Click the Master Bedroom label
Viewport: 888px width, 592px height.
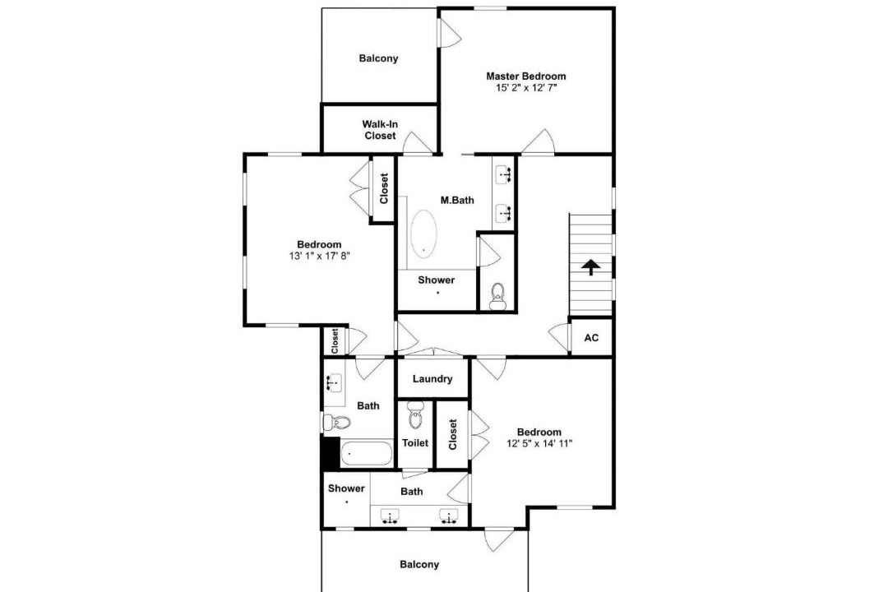pos(525,76)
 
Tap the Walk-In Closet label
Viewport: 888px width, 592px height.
pos(380,130)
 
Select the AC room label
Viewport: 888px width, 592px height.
pos(591,338)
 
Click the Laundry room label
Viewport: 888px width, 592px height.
pos(432,379)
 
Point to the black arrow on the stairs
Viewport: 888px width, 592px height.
pos(590,267)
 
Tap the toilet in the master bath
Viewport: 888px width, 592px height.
pos(497,296)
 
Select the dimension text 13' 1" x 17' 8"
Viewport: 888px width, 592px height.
pos(319,256)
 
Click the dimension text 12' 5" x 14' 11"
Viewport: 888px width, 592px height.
pos(539,443)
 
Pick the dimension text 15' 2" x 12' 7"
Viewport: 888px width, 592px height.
pos(526,88)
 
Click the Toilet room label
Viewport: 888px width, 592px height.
pos(415,443)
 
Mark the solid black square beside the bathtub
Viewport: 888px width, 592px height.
pos(331,453)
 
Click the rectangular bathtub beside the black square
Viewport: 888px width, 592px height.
pos(367,453)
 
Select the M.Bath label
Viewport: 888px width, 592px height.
pos(457,200)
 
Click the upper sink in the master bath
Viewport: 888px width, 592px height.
pos(503,175)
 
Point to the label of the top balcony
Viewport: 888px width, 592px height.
pos(378,58)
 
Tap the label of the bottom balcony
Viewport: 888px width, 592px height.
pos(419,564)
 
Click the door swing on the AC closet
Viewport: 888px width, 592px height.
pos(560,338)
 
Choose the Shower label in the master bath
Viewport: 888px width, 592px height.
pos(436,280)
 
